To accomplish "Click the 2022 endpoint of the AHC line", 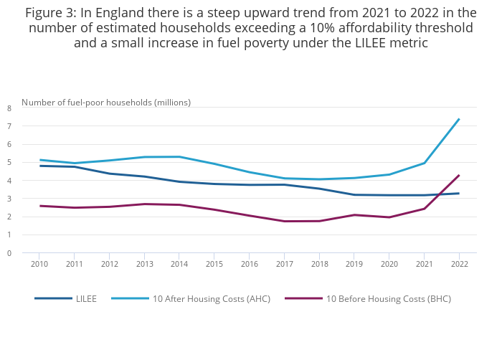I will coord(459,119).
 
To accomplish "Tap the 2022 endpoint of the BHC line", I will coord(459,175).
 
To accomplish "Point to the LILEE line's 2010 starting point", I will coord(39,166).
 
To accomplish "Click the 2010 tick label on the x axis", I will coord(39,265).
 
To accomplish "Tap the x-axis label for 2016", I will coord(249,265).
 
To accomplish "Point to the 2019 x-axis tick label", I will coord(354,265).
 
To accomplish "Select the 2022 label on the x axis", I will coord(459,265).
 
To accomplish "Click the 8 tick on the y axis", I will coord(9,108).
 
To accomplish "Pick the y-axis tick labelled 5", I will coord(9,163).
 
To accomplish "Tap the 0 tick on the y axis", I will coord(9,253).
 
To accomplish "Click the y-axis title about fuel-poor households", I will coord(106,102).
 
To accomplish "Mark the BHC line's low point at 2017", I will coord(284,221).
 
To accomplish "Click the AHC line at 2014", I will coord(179,156).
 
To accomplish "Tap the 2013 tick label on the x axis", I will coord(144,265).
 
